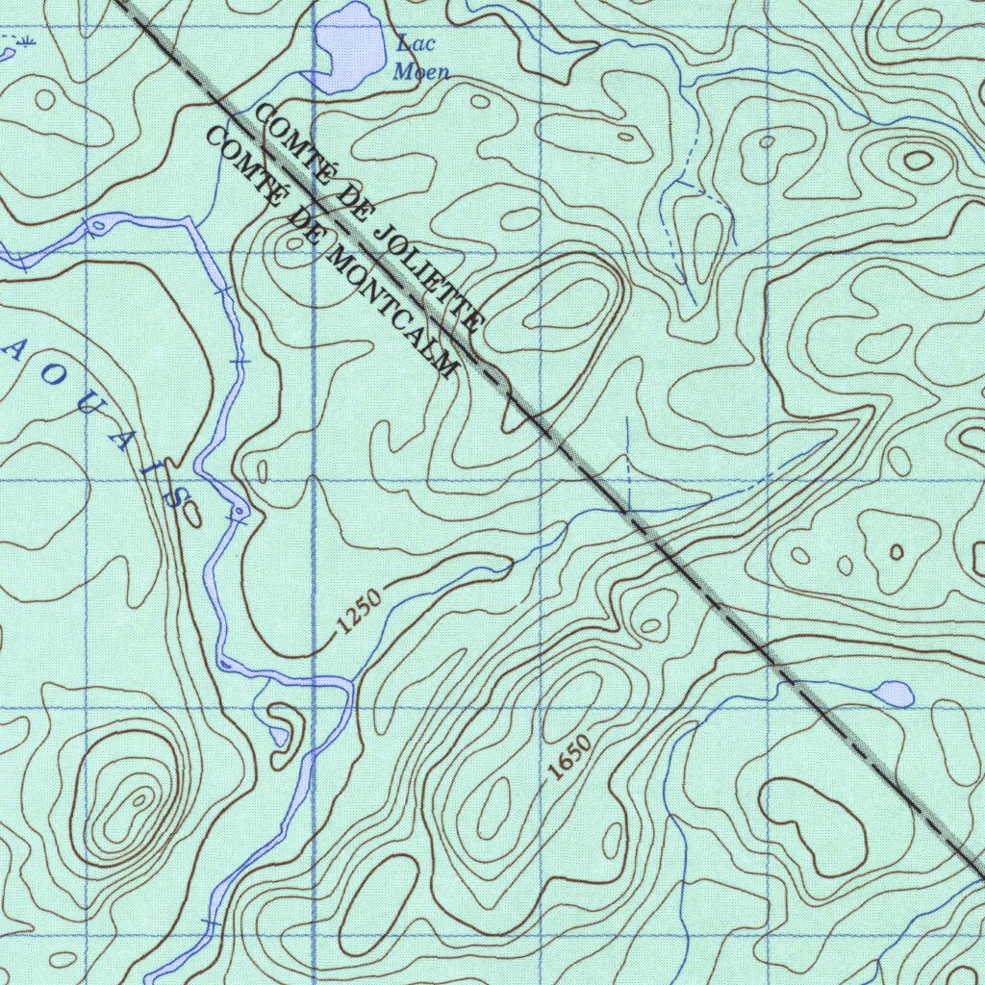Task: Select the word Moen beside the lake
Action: coord(420,71)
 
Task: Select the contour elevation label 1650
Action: coord(568,757)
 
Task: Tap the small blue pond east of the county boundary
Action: coord(894,693)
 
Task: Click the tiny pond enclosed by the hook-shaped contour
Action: coord(279,736)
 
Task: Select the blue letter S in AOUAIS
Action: coord(176,495)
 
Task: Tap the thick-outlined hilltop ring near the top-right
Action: coord(917,160)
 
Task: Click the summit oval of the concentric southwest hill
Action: coord(140,797)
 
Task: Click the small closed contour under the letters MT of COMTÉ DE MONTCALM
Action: coord(293,243)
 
